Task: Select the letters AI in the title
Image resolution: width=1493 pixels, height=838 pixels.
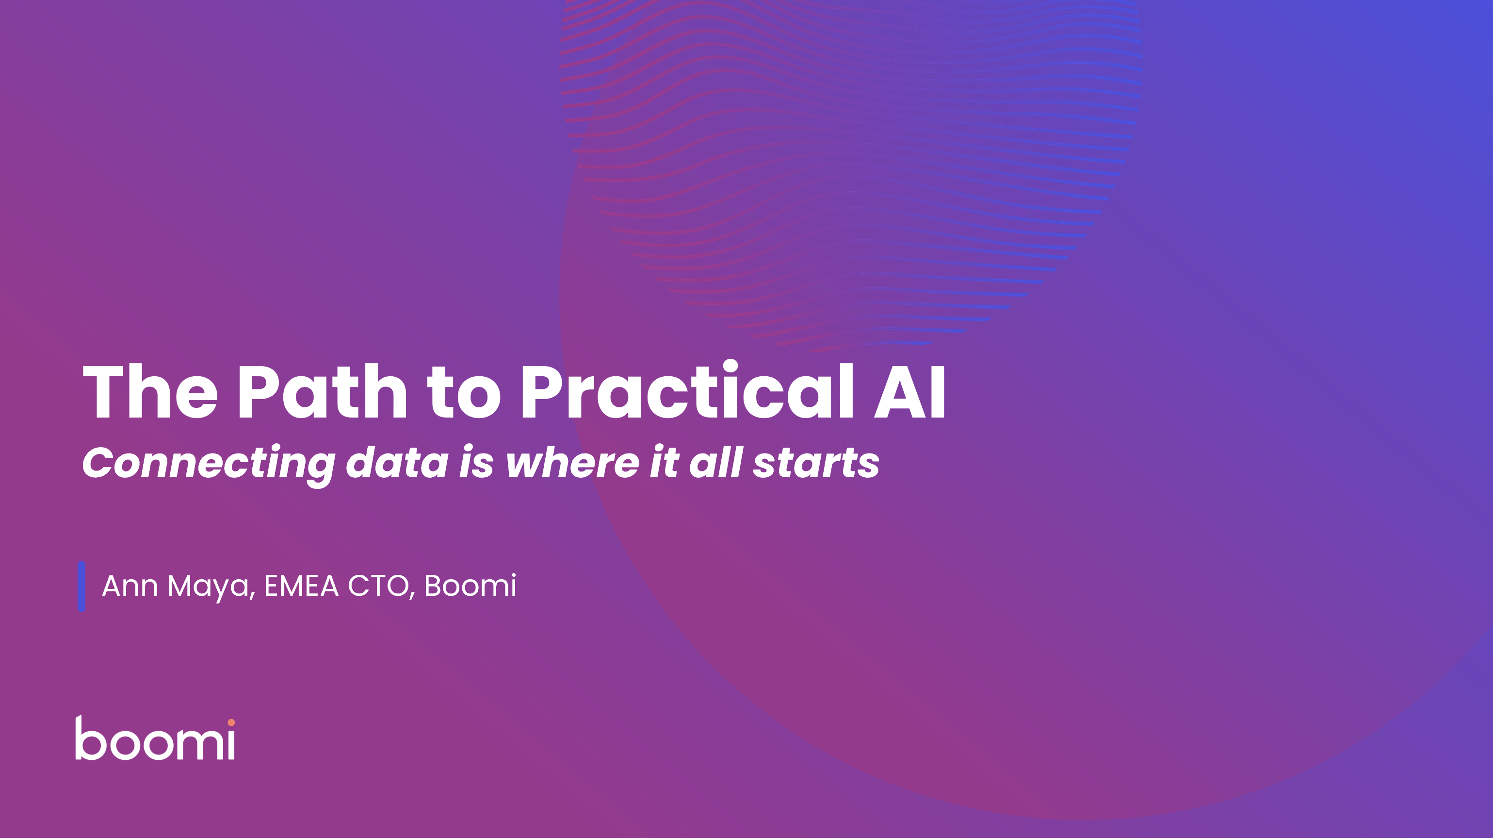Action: click(910, 391)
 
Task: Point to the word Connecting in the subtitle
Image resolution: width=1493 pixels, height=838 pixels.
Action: click(209, 465)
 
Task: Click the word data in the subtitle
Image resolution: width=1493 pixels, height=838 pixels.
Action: click(397, 462)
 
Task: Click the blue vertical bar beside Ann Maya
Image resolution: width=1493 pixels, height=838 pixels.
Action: click(81, 587)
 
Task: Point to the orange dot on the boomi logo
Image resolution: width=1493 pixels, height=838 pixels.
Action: click(231, 722)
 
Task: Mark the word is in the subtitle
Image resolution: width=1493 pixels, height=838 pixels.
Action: click(476, 462)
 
